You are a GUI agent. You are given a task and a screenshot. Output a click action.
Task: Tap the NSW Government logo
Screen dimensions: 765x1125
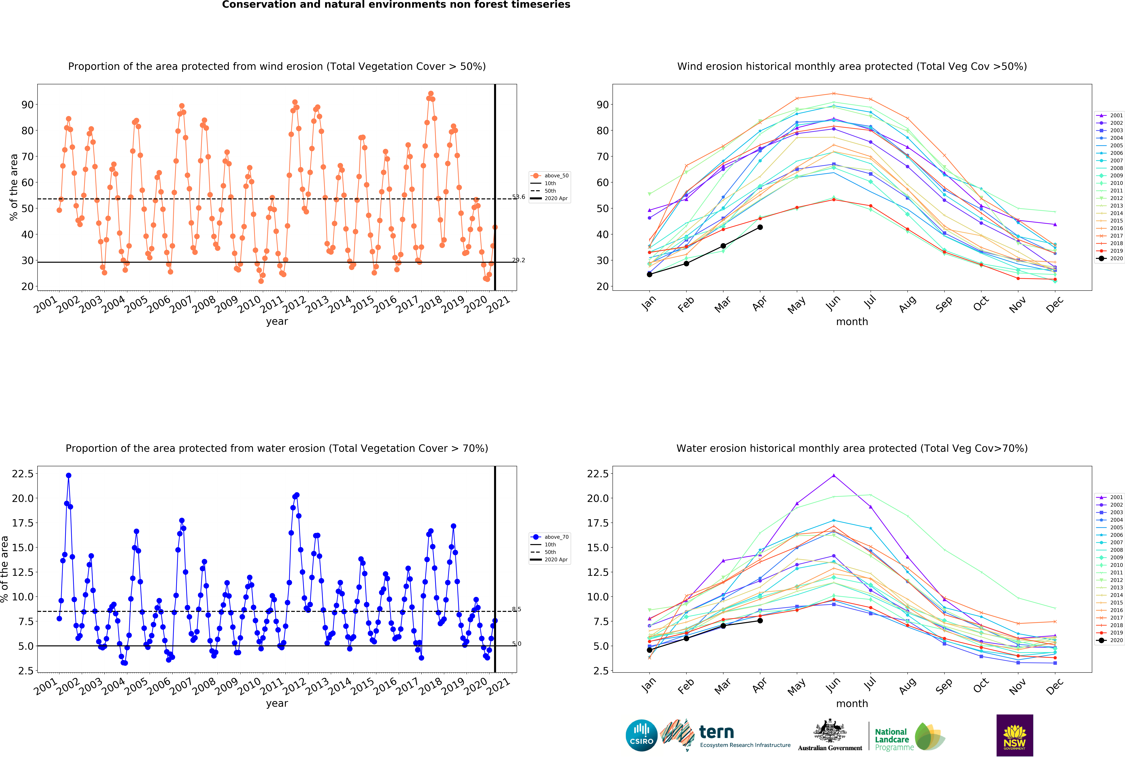pos(1015,735)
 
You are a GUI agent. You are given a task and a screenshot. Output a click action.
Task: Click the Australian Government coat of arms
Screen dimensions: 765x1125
pos(830,731)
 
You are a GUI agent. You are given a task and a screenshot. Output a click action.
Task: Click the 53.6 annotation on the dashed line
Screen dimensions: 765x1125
pos(518,197)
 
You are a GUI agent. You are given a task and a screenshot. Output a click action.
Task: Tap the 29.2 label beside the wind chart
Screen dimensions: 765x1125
pos(518,260)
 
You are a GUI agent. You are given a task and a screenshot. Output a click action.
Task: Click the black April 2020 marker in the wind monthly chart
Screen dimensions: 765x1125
pos(760,227)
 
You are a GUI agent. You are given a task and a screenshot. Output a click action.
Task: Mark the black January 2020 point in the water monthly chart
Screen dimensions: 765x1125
pos(650,650)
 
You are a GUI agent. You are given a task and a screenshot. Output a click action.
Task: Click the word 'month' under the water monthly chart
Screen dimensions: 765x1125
pos(852,703)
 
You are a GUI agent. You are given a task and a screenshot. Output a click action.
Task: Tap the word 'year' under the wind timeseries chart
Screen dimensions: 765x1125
pos(277,321)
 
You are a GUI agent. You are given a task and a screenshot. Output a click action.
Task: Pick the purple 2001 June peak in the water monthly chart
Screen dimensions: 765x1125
pos(834,475)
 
